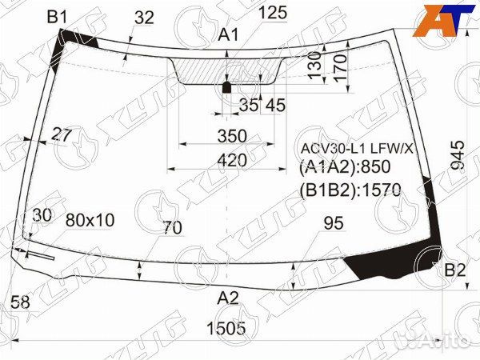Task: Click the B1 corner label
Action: click(x=58, y=15)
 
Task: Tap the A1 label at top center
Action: click(x=229, y=34)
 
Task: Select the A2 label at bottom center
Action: click(x=229, y=298)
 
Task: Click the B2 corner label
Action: click(x=454, y=270)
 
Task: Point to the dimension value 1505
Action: click(x=227, y=328)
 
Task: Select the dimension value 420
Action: click(x=231, y=160)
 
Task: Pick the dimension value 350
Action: click(x=231, y=135)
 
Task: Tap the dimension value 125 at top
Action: click(x=273, y=12)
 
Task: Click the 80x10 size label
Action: click(x=90, y=219)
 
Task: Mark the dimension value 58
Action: click(x=22, y=302)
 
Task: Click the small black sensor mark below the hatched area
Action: click(x=226, y=87)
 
